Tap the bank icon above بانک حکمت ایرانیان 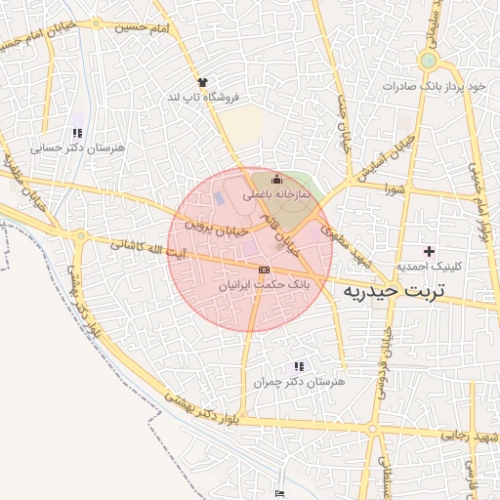coord(264,269)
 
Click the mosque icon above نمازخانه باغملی coord(276,179)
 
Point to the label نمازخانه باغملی coord(275,194)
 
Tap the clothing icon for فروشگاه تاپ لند coord(202,82)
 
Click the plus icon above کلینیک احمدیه coord(428,251)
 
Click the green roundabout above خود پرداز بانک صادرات coord(428,62)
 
